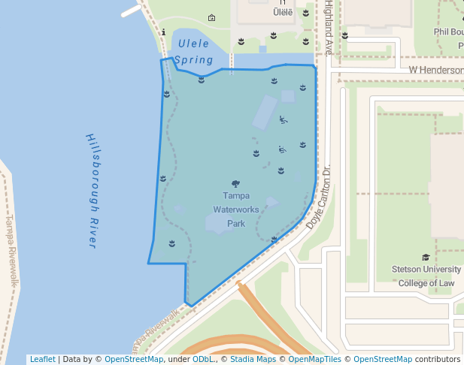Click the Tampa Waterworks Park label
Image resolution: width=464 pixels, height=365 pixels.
(x=236, y=210)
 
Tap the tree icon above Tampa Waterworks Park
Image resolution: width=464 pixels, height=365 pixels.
(x=236, y=183)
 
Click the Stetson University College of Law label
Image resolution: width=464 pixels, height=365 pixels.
(x=426, y=276)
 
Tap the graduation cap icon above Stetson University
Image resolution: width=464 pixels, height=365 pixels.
(x=426, y=257)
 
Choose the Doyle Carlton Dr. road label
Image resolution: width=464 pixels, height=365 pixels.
(x=319, y=198)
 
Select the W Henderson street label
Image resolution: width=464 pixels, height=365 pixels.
(x=435, y=70)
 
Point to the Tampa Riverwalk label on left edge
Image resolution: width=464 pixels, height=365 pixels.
(x=11, y=252)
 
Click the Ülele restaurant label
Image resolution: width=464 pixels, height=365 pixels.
(x=282, y=12)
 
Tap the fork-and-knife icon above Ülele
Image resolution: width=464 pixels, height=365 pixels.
(x=282, y=2)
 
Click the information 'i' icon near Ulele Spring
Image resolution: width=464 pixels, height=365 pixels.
(x=164, y=32)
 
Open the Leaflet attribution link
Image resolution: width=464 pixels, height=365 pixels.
(x=42, y=359)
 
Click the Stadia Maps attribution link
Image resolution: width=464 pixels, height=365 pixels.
(x=251, y=359)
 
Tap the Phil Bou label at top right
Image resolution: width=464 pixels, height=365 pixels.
(x=448, y=32)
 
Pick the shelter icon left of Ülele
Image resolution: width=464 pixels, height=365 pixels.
(x=211, y=18)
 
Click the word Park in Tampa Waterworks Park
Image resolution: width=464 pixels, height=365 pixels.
(x=236, y=223)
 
